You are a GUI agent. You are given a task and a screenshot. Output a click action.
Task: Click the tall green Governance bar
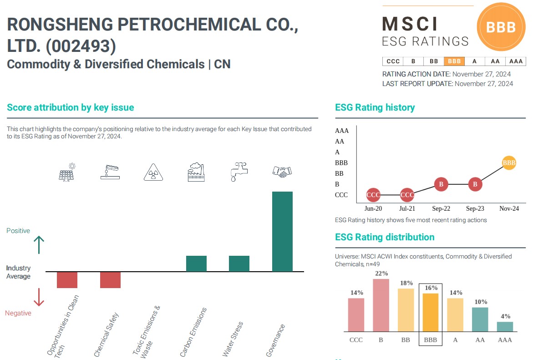tap(282, 231)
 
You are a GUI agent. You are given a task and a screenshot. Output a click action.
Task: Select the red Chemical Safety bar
tap(110, 280)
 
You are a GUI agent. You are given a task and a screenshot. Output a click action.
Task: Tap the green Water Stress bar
tap(239, 264)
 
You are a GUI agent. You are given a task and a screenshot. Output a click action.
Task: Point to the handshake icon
tap(282, 172)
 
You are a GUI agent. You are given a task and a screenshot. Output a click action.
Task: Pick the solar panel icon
tap(67, 172)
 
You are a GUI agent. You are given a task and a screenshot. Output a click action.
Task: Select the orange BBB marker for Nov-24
tap(509, 162)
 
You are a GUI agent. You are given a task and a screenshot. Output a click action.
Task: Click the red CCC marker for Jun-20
tap(373, 195)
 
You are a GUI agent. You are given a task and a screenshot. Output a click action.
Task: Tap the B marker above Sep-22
tap(441, 184)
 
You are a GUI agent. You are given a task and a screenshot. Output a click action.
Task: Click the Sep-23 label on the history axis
tap(475, 209)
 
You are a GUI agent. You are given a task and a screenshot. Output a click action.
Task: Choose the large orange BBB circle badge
tap(501, 27)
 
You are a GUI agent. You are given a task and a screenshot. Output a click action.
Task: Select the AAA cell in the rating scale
tap(516, 61)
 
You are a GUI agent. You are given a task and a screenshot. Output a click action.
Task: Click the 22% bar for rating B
tap(381, 305)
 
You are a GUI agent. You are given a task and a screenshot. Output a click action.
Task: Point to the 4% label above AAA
tap(505, 316)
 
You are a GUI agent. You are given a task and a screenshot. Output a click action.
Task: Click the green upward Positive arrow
tap(39, 245)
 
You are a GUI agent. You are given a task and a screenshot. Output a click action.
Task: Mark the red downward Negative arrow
tap(39, 297)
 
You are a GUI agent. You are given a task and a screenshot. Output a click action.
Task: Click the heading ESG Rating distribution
tap(385, 237)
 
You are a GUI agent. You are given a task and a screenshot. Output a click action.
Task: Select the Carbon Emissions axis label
tap(193, 332)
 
